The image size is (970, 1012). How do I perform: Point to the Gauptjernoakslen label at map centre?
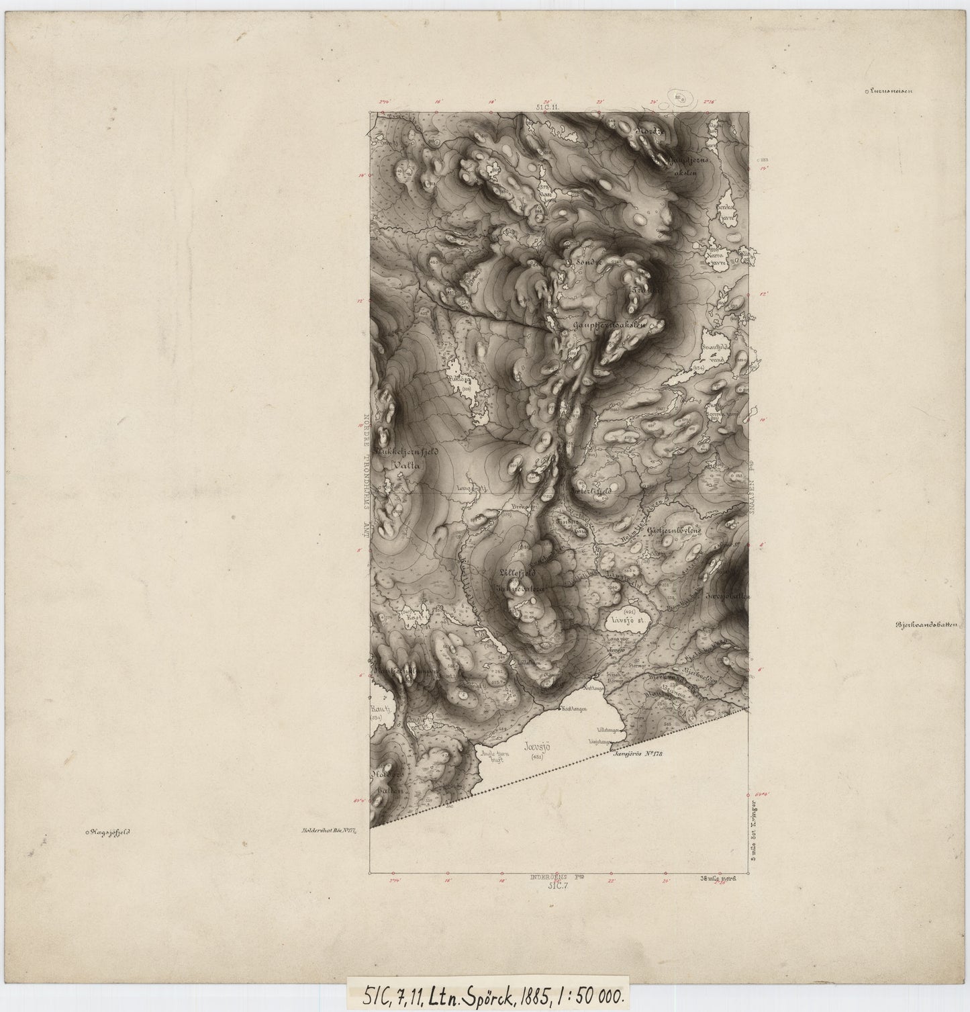610,325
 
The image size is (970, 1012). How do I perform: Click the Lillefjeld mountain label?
516,573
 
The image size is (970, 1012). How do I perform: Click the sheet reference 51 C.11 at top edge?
548,106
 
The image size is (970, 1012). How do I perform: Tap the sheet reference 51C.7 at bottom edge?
556,886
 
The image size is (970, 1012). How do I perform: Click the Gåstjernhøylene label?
673,530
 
